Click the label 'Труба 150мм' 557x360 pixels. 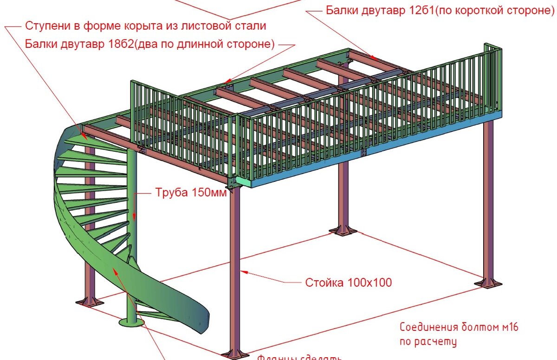coord(190,193)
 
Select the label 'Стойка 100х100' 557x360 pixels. coord(348,282)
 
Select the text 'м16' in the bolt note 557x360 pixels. coord(508,327)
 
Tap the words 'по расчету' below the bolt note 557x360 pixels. coord(428,342)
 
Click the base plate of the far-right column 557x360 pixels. coord(488,283)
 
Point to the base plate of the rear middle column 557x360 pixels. coord(343,230)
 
